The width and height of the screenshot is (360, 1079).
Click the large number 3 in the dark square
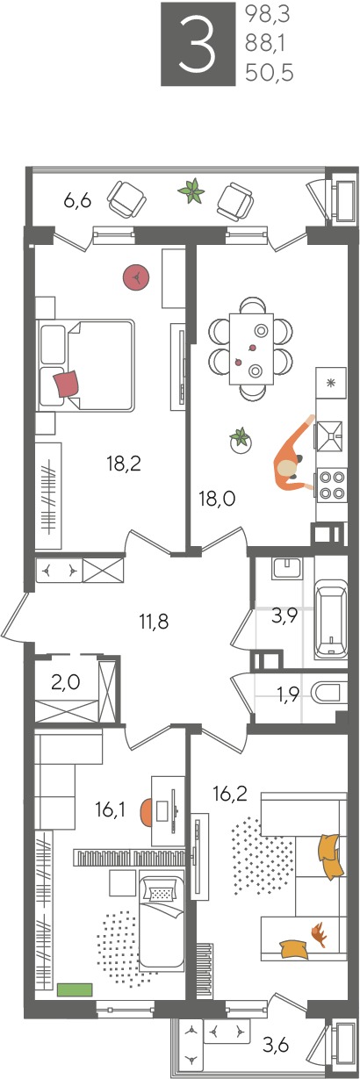(197, 44)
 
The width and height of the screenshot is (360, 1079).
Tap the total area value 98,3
(267, 16)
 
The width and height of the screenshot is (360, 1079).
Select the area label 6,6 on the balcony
(77, 200)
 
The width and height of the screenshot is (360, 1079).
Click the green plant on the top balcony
(191, 191)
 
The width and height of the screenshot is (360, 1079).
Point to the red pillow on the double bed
(67, 384)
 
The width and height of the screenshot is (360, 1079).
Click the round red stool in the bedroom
(136, 277)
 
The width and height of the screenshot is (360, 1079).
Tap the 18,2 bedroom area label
(124, 464)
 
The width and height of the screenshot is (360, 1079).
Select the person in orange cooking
(293, 457)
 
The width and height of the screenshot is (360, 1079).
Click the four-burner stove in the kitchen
(333, 486)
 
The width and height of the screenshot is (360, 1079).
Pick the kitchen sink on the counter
(331, 435)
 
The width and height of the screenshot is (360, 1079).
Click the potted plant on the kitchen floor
(240, 440)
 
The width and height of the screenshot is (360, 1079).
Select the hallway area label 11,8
(154, 622)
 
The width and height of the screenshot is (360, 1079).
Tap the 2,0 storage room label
(66, 682)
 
